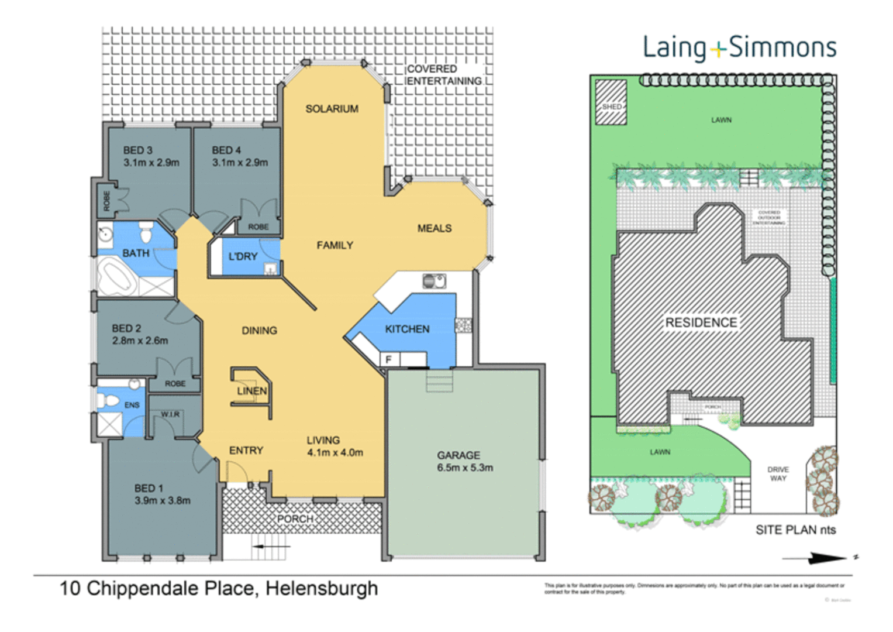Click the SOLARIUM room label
pos(332,109)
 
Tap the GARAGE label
pos(458,455)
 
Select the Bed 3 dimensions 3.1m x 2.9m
pos(151,163)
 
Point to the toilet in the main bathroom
pos(146,233)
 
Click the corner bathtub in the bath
pos(117,277)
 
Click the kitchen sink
pos(434,281)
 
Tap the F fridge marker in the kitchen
pos(388,359)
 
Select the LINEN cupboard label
pos(251,390)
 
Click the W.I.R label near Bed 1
pos(170,414)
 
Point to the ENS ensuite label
pos(132,405)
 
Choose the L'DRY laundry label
pos(243,256)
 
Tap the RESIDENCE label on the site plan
pos(701,322)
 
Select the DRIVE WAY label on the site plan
pos(778,474)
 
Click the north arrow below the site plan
pos(819,559)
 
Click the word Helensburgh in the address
pos(322,588)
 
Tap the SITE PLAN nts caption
pos(795,530)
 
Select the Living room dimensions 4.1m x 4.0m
pos(335,452)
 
